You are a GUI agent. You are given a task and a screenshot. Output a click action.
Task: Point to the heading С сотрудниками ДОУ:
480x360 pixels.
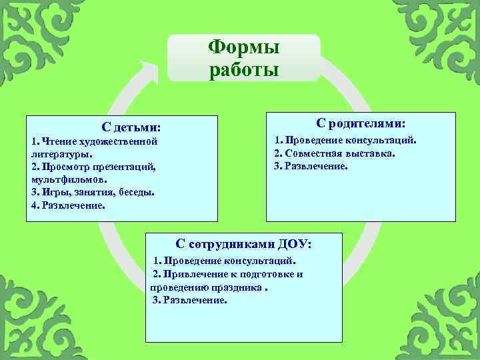click(x=243, y=244)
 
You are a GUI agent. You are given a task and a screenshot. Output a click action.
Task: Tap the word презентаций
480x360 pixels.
click(x=124, y=167)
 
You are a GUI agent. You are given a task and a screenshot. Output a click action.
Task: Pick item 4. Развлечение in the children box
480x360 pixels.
click(x=68, y=205)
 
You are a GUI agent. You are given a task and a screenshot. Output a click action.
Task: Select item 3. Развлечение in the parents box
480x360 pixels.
click(x=311, y=166)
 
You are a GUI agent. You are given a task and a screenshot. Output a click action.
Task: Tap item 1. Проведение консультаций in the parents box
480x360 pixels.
click(x=345, y=141)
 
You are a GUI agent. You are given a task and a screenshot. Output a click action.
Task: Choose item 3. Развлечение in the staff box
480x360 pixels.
click(x=190, y=300)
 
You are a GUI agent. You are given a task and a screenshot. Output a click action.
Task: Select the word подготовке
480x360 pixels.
click(x=268, y=274)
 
